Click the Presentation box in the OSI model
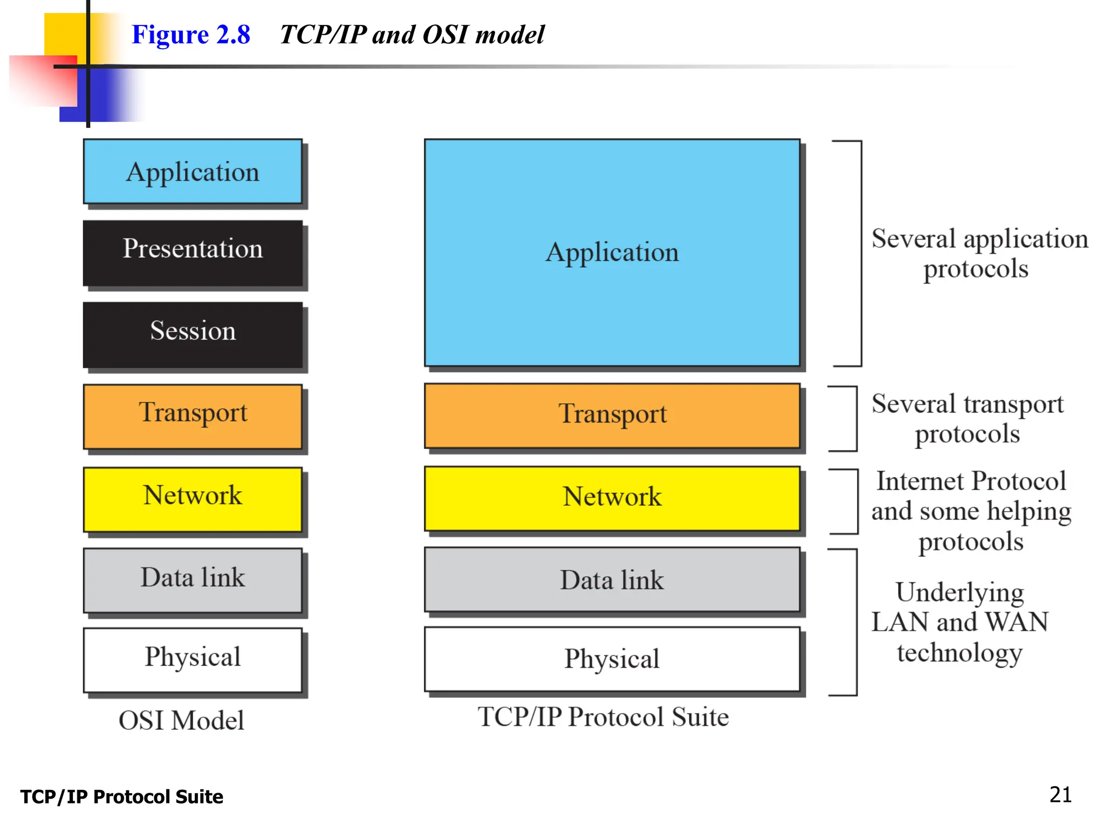pos(193,253)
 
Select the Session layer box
pos(193,335)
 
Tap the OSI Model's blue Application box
pos(193,172)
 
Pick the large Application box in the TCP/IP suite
pos(612,253)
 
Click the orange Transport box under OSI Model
pos(193,416)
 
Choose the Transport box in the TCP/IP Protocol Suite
pos(612,415)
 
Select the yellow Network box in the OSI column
pos(193,499)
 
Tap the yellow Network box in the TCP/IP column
pos(612,498)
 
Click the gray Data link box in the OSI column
pos(193,580)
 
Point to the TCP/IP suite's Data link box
pos(612,580)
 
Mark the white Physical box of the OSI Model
pos(193,659)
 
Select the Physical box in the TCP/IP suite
pos(612,659)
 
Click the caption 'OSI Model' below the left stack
pos(181,720)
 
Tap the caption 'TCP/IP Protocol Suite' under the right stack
pos(603,717)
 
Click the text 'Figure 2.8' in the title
pos(191,35)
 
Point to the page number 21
pos(1060,794)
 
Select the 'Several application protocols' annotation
pos(979,253)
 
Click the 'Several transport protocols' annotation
pos(967,418)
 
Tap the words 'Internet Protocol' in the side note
pos(971,481)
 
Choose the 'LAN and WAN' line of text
pos(960,622)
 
